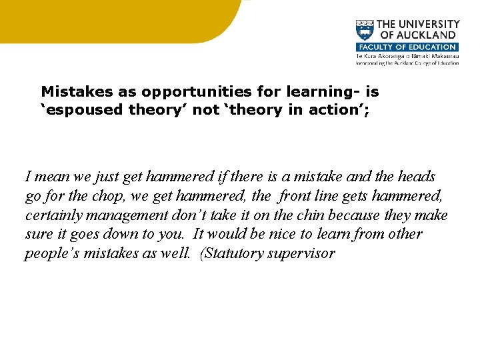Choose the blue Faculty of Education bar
tap(407, 47)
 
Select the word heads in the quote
tap(417, 177)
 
